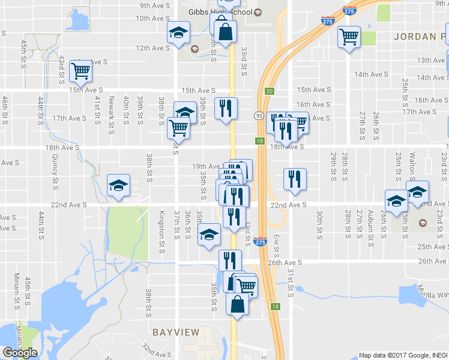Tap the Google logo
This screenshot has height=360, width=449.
tap(20, 352)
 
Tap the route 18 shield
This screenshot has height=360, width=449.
tap(275, 306)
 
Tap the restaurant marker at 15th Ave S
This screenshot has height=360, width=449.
tap(226, 108)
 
